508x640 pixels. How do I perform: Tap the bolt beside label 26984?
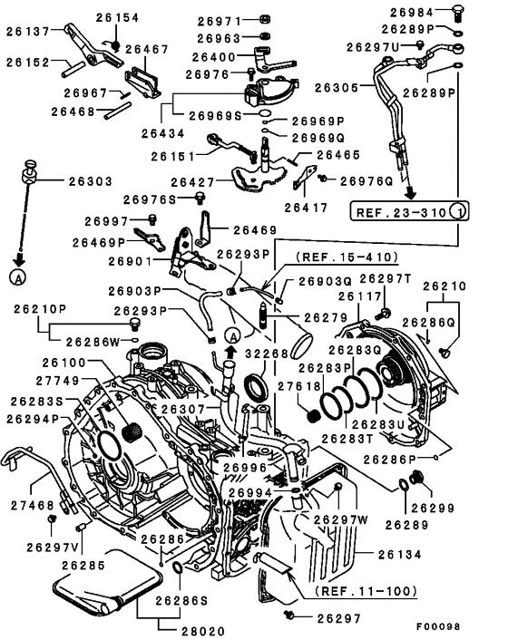coord(459,12)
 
